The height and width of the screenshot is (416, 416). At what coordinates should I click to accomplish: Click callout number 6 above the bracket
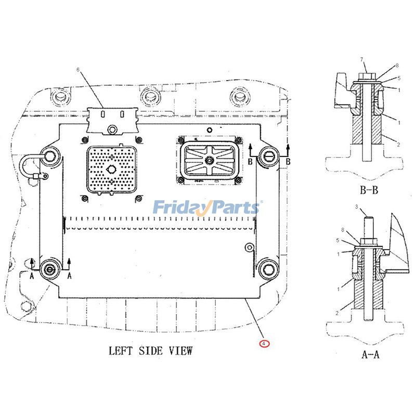(x=79, y=69)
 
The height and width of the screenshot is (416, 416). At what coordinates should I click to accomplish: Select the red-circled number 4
(x=265, y=343)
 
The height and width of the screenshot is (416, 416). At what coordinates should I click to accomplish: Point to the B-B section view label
(x=368, y=190)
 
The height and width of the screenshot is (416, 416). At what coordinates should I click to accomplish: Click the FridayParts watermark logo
(x=206, y=207)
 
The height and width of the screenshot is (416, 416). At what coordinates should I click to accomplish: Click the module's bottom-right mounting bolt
(x=267, y=268)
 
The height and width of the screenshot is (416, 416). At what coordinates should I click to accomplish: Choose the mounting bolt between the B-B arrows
(x=269, y=154)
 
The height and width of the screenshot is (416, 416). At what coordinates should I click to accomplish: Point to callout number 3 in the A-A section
(x=357, y=207)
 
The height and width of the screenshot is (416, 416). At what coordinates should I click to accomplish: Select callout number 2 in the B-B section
(x=398, y=144)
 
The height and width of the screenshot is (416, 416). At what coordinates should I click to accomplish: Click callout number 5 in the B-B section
(x=398, y=79)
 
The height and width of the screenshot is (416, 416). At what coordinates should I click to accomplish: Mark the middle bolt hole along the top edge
(x=149, y=95)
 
